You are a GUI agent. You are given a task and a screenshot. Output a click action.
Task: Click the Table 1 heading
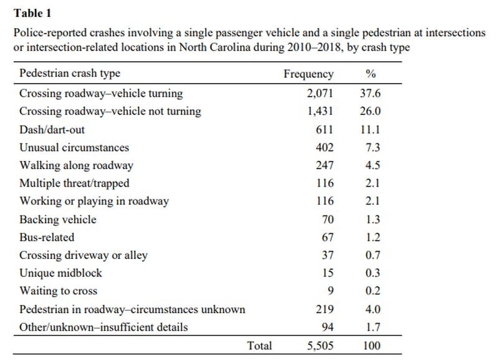click(32, 13)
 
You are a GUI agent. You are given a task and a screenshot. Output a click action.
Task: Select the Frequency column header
click(308, 74)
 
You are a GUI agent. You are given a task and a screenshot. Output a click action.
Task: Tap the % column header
click(371, 74)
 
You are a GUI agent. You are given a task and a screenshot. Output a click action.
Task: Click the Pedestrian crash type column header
click(70, 73)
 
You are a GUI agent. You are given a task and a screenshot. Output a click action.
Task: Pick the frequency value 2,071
click(320, 93)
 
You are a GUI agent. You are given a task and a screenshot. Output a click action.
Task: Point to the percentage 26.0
click(370, 111)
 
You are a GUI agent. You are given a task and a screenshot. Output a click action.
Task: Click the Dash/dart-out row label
click(52, 130)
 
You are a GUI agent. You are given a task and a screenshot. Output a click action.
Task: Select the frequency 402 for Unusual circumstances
click(324, 147)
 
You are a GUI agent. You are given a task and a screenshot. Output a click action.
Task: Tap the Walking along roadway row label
click(76, 165)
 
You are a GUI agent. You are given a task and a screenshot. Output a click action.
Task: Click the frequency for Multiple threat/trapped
click(325, 183)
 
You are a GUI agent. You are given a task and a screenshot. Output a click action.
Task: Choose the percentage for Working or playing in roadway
click(372, 201)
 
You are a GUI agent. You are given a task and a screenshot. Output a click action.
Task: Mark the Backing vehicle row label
click(57, 220)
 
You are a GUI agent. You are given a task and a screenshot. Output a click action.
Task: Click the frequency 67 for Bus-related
click(327, 237)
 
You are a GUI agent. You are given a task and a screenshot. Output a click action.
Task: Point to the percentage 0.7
click(372, 255)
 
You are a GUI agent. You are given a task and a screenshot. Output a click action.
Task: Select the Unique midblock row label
click(61, 273)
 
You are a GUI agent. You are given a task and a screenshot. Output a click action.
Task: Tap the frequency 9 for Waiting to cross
click(331, 291)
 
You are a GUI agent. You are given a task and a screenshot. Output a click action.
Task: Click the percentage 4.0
click(372, 309)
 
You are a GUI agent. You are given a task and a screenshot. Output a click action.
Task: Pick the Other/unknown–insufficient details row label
click(104, 327)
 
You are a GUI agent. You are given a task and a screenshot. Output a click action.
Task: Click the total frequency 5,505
click(320, 346)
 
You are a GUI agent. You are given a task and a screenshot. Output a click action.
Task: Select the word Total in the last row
click(259, 346)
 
